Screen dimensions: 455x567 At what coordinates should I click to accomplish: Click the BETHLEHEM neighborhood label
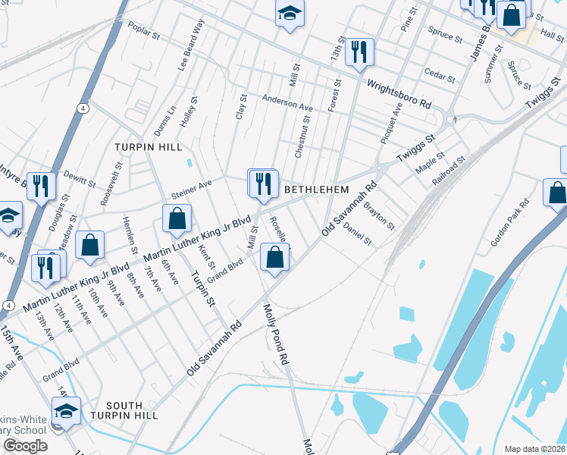click(316, 189)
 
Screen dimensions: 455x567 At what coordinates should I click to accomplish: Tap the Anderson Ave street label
click(288, 103)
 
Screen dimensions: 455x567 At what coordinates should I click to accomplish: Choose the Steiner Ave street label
click(192, 187)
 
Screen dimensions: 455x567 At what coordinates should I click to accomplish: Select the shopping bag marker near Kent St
click(177, 218)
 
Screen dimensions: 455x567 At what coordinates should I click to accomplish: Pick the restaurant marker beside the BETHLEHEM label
click(263, 184)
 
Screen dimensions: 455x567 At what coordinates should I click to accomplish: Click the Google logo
click(25, 446)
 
